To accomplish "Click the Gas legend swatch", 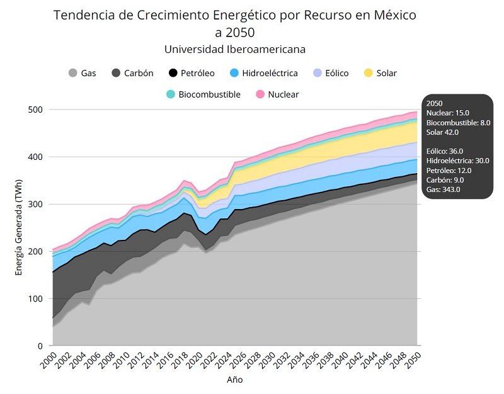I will point(73,73).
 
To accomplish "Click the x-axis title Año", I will point(234,380).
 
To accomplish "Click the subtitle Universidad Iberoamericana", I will point(234,49).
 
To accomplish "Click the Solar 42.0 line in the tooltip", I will point(442,132).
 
